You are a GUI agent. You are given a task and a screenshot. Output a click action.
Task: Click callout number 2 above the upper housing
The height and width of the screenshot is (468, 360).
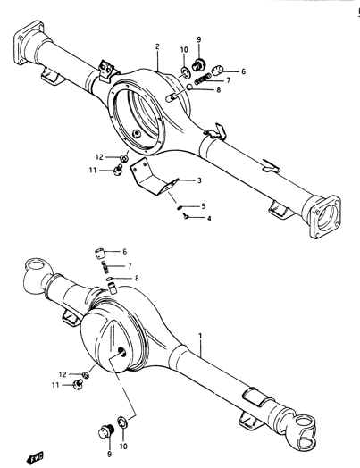(x=157, y=46)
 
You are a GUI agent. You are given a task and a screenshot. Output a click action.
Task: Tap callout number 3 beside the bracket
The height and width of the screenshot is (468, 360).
(x=199, y=180)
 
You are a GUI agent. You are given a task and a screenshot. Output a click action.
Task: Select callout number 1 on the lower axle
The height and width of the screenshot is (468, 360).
(x=200, y=336)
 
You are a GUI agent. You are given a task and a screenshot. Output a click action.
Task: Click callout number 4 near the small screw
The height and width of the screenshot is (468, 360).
(x=209, y=219)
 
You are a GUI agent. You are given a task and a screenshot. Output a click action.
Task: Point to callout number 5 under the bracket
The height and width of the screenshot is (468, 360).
(x=204, y=206)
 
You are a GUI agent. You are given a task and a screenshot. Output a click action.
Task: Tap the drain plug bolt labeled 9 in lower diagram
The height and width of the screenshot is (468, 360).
(x=105, y=431)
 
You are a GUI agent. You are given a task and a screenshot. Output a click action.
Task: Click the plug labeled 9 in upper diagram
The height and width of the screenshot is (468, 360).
(x=197, y=64)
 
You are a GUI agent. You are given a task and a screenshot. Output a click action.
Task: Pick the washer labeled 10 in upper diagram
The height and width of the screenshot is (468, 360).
(x=186, y=72)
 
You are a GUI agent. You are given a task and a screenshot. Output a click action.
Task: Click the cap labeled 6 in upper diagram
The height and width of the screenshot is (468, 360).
(x=218, y=71)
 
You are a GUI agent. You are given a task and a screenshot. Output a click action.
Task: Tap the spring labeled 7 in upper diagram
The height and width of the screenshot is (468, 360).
(x=203, y=80)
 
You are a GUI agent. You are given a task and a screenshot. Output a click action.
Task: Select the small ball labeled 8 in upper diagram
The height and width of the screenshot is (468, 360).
(x=190, y=87)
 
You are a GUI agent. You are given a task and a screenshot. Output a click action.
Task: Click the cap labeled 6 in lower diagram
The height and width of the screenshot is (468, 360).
(x=100, y=254)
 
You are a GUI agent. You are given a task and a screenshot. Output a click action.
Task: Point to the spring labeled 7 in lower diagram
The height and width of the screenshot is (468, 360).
(x=105, y=266)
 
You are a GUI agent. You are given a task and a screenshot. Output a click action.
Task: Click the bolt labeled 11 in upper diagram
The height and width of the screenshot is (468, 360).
(x=118, y=171)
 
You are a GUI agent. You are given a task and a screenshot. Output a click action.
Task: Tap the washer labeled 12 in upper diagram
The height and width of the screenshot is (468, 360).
(x=124, y=157)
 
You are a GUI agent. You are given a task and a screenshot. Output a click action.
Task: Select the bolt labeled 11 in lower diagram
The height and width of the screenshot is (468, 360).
(x=78, y=385)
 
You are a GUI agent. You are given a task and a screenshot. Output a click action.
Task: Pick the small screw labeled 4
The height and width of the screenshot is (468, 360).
(x=187, y=216)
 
